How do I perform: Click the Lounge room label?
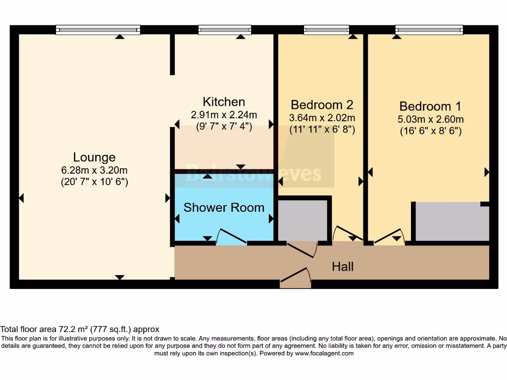pos(94,157)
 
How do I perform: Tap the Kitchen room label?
pos(224,102)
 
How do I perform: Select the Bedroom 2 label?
pos(322,105)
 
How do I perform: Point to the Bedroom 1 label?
pos(430,106)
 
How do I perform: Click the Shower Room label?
pos(224,207)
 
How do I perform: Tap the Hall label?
pos(343,267)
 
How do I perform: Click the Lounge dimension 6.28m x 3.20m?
pos(94,170)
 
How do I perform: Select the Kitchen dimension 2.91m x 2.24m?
pos(224,114)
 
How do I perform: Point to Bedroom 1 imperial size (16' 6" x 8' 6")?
pos(430,132)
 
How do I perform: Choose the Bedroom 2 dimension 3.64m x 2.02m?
pos(322,118)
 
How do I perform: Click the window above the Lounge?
pos(98,30)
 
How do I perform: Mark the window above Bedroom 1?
pos(429,30)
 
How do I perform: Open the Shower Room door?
pos(231,237)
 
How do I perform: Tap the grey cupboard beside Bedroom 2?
pos(303,220)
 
